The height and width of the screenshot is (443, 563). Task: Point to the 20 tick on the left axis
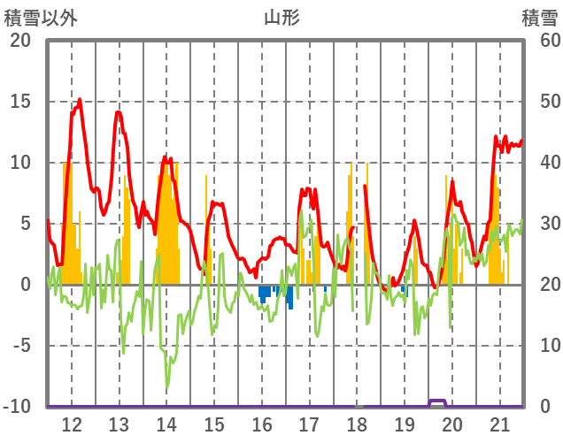pos(19,41)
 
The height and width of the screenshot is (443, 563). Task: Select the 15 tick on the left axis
pos(19,102)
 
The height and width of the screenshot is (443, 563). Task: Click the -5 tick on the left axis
pos(19,346)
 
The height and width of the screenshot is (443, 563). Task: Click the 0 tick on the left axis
pos(25,285)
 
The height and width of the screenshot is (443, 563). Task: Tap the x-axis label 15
pos(214,424)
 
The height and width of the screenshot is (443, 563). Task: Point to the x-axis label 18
pos(357,424)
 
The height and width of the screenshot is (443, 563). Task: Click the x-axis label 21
pos(500,424)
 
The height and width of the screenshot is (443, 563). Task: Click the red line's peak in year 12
pos(80,100)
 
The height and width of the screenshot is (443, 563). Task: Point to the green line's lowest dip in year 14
pos(166,388)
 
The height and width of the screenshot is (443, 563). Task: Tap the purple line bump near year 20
pos(437,401)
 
